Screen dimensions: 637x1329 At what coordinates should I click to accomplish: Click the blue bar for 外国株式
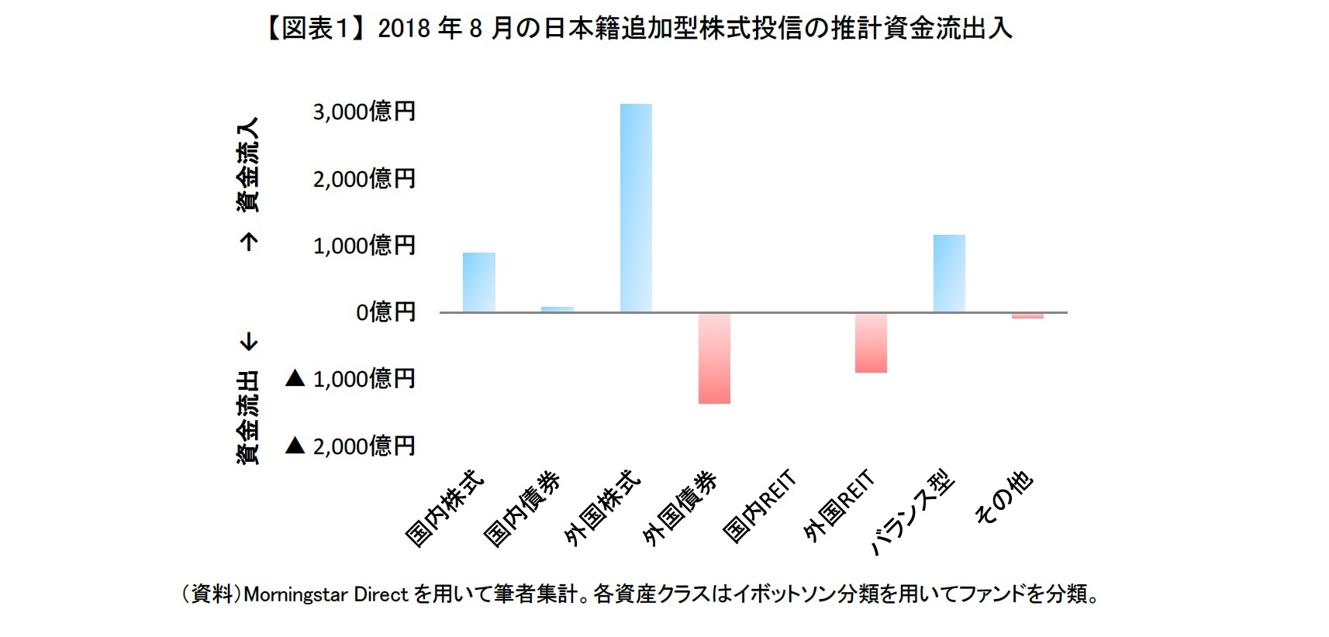[636, 208]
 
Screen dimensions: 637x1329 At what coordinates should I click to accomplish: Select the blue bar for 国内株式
[479, 282]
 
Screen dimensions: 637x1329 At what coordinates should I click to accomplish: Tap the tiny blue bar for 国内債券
[557, 309]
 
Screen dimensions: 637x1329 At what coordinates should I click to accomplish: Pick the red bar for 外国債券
[714, 358]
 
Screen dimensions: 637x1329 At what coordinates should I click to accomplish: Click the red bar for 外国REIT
[871, 343]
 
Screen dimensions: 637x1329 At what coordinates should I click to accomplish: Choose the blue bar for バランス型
[949, 274]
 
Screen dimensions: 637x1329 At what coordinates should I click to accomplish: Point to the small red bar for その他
[1027, 315]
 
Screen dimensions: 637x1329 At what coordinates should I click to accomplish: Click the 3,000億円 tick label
[364, 112]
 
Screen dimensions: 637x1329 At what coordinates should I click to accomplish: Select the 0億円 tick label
[385, 312]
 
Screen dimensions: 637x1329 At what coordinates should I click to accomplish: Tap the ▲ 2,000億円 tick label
[350, 446]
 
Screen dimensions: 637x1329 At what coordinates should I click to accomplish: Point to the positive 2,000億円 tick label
[364, 179]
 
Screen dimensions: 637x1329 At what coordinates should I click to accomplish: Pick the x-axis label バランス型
[913, 513]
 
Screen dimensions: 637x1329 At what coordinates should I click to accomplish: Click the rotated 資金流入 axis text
[248, 165]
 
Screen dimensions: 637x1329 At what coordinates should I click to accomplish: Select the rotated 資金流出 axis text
[248, 418]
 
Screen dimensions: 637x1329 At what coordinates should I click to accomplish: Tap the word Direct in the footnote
[381, 595]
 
